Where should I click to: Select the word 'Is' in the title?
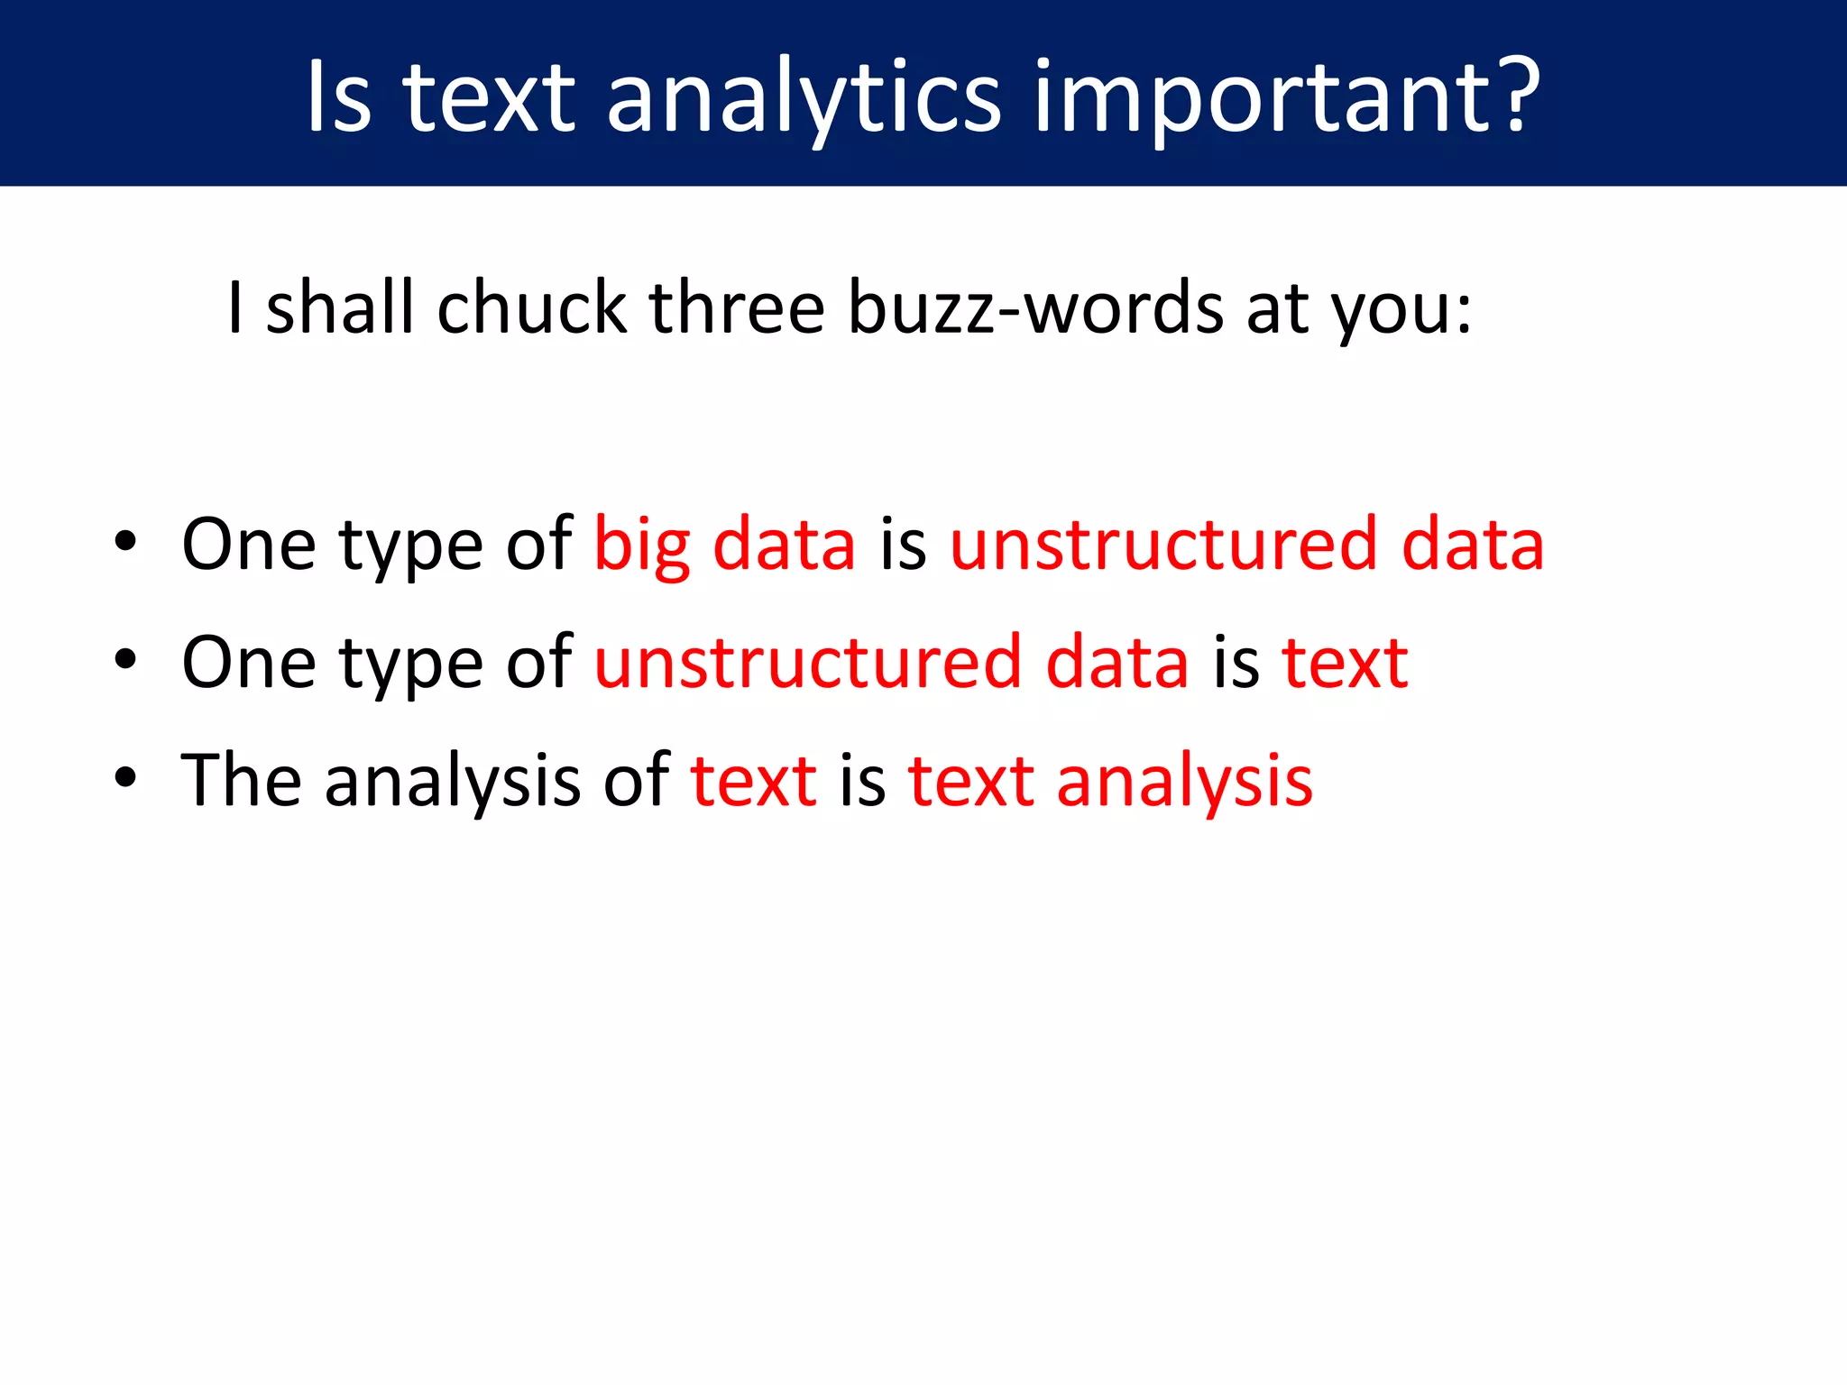(338, 95)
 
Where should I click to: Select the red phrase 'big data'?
(724, 546)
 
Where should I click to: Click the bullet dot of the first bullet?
(125, 542)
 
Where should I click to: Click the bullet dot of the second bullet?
(125, 660)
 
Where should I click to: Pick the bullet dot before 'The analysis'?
(125, 777)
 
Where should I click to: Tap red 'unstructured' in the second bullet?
(808, 663)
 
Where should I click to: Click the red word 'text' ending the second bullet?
(1345, 663)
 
